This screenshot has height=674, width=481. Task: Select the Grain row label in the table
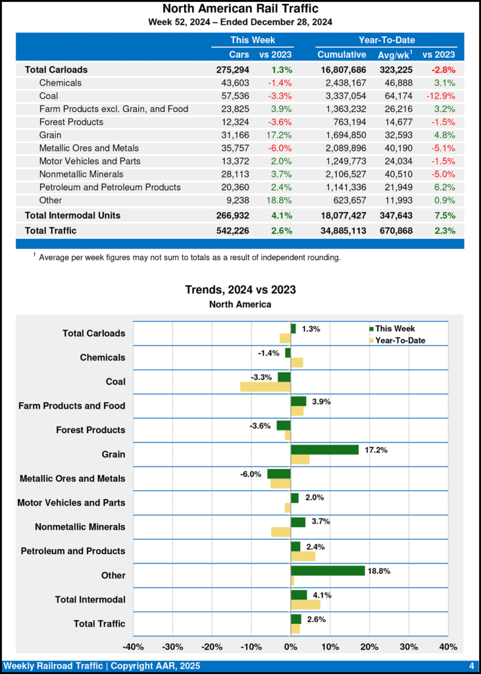point(51,135)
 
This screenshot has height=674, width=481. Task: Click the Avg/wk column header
point(395,54)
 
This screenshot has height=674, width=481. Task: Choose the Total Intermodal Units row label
point(72,215)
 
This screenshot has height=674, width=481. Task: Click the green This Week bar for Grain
point(325,450)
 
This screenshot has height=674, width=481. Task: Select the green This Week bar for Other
point(328,571)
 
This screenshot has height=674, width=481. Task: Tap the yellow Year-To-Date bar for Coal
point(265,386)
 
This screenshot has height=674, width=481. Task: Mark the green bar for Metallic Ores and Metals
point(279,474)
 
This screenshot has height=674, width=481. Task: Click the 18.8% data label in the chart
point(380,571)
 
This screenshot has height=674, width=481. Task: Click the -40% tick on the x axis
point(134,646)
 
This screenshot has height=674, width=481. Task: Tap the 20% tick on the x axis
point(369,646)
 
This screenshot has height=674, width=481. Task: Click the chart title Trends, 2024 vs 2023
point(240,290)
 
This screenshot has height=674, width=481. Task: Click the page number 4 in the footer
point(471,666)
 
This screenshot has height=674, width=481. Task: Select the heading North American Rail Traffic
point(240,9)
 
